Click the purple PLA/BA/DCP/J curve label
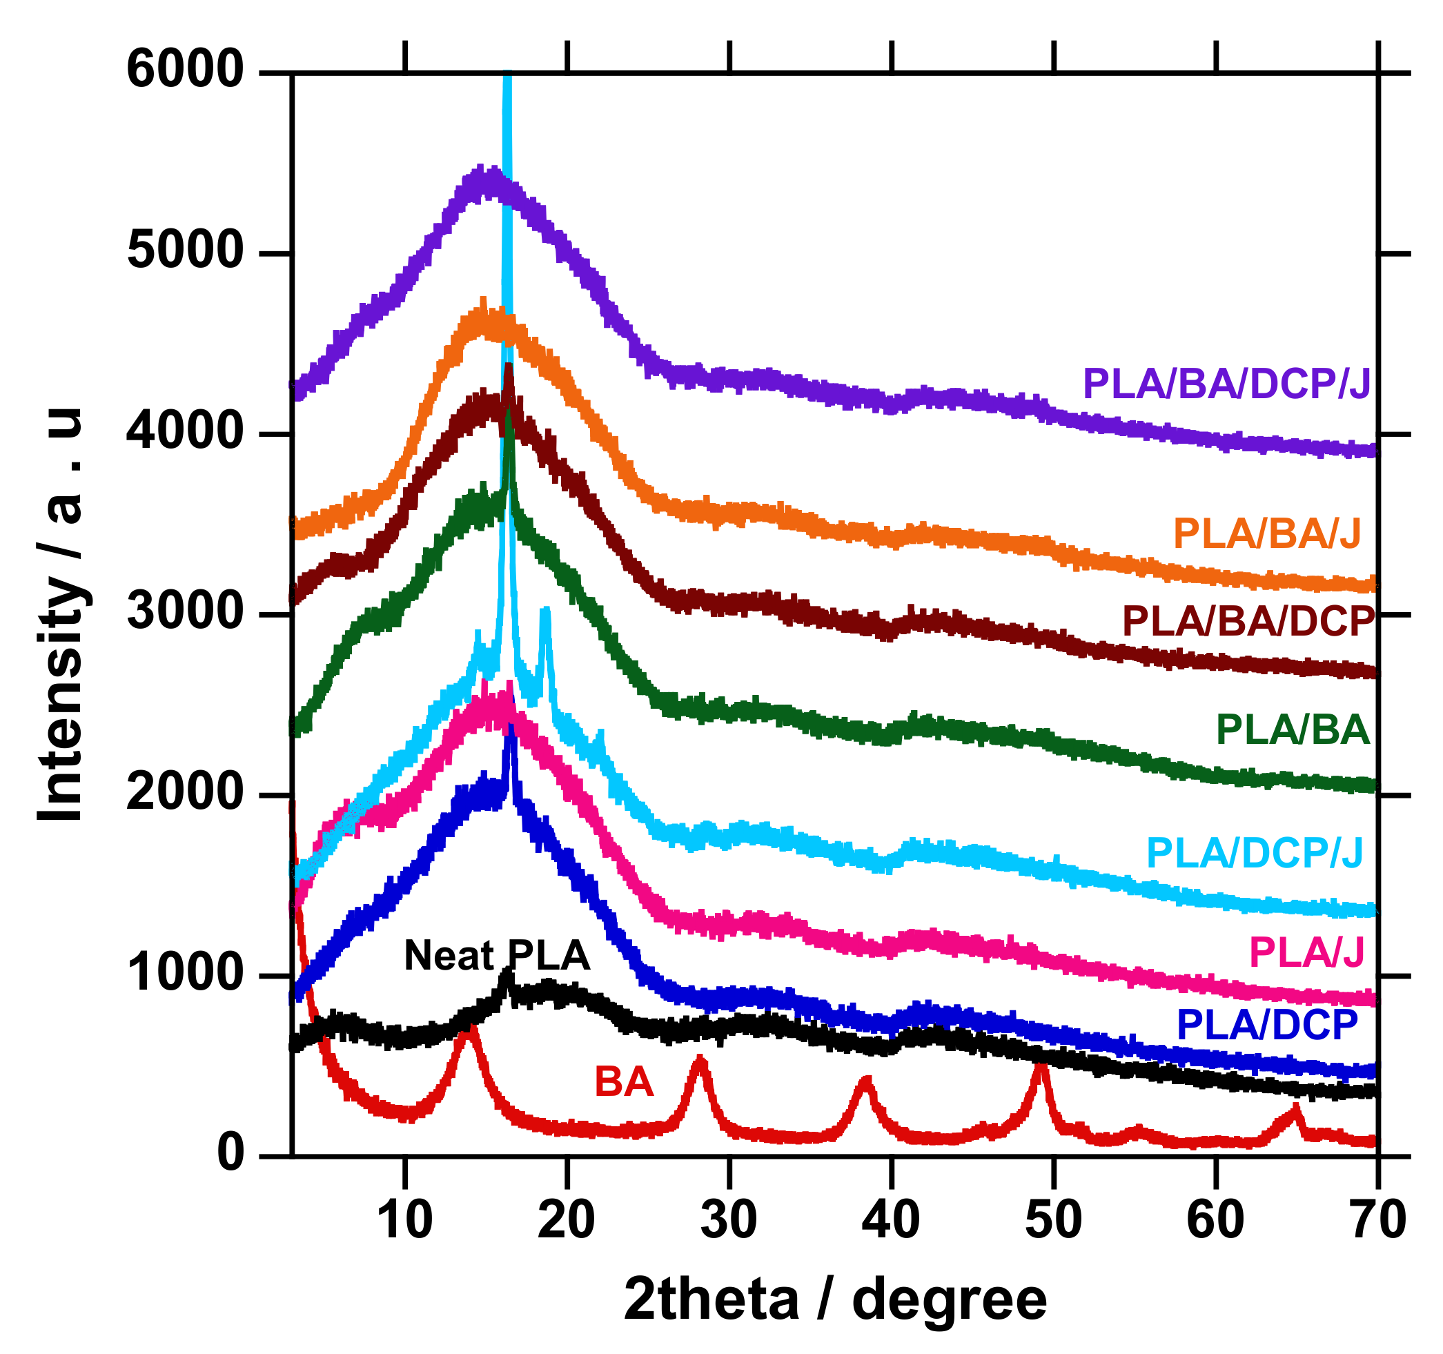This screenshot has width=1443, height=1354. tap(1226, 384)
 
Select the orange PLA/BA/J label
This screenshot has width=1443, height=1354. tap(1266, 534)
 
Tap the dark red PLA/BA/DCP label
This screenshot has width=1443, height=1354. tap(1248, 622)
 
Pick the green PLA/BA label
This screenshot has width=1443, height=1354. tap(1293, 730)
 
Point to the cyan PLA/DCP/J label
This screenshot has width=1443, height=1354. tap(1255, 853)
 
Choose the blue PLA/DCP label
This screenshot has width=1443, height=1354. tap(1266, 1025)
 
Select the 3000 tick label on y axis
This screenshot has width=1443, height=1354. tap(184, 614)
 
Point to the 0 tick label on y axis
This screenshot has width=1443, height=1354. tap(230, 1154)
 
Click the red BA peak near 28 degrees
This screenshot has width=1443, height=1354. tap(700, 1062)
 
